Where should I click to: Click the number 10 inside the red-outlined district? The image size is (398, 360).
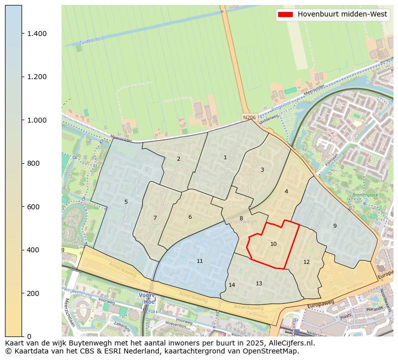(x=273, y=244)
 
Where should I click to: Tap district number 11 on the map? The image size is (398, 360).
(x=200, y=261)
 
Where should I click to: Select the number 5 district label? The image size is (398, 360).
(x=126, y=202)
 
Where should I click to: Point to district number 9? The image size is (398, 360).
(x=335, y=226)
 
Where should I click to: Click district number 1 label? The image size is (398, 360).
(x=225, y=158)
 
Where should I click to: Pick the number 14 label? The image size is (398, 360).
(x=232, y=285)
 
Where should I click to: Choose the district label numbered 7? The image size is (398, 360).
(x=155, y=218)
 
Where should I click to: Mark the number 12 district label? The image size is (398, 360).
(x=306, y=262)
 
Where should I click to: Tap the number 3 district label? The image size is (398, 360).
(x=262, y=170)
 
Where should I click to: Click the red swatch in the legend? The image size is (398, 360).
(x=284, y=15)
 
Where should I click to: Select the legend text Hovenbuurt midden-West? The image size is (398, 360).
(x=342, y=15)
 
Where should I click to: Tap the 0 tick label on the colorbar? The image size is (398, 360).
(x=29, y=336)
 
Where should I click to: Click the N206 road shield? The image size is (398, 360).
(x=249, y=118)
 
